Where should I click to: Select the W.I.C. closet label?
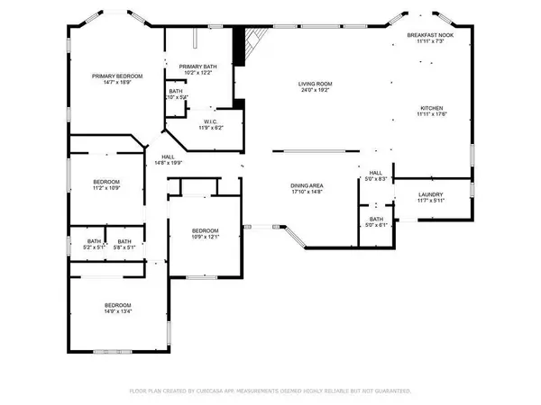pos(211,122)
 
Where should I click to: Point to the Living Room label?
pos(316,84)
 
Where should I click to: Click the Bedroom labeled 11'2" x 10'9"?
pos(107,182)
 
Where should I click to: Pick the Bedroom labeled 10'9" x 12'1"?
pos(206,231)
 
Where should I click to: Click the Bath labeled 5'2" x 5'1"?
pos(95,241)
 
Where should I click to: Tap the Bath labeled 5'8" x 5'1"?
pos(124,241)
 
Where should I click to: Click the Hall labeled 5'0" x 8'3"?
pos(376,173)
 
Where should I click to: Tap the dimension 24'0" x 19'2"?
pos(316,90)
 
